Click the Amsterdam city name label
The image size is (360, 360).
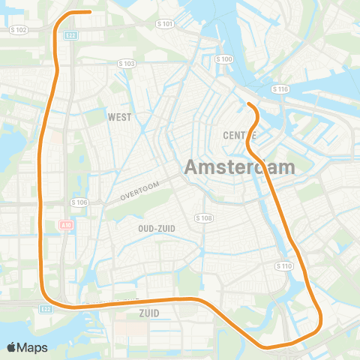(x=239, y=166)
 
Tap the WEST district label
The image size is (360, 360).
(x=119, y=117)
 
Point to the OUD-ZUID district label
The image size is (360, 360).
(x=157, y=227)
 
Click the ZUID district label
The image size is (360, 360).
(x=150, y=312)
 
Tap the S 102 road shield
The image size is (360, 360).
(x=20, y=29)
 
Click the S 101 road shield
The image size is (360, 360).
(x=165, y=24)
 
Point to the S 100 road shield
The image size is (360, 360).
(x=223, y=58)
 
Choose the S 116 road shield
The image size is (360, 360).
(x=280, y=89)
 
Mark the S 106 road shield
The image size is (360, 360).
(x=79, y=202)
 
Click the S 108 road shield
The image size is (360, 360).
(x=204, y=217)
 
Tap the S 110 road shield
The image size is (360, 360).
(x=283, y=266)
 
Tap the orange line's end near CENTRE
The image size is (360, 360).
(x=248, y=103)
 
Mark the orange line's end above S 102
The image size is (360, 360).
(x=89, y=12)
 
